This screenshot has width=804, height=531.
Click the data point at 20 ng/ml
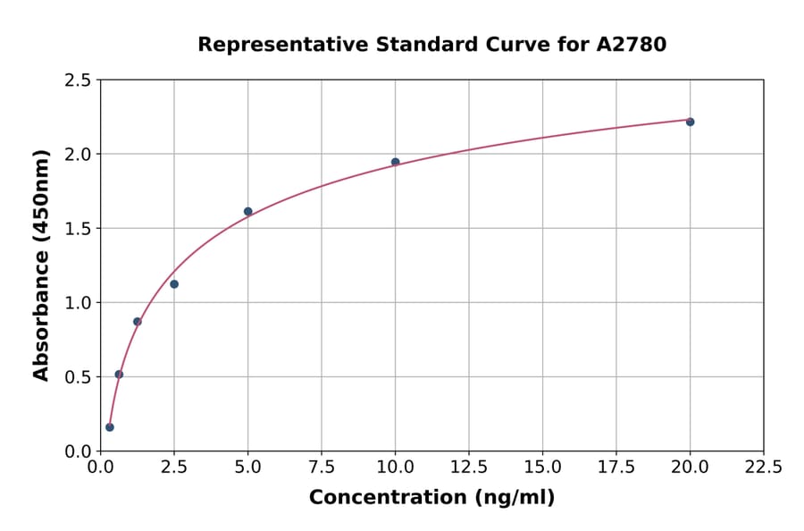[690, 122]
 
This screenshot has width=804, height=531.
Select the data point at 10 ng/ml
[395, 162]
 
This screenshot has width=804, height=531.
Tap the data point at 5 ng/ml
[247, 212]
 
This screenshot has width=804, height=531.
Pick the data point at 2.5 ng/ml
[174, 284]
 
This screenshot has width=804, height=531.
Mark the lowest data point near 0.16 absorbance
[110, 427]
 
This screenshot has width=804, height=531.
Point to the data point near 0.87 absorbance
[138, 322]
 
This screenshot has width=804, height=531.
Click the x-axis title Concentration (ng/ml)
[431, 498]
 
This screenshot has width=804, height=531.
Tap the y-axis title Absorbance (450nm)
[41, 265]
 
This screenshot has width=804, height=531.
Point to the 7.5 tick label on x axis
[322, 467]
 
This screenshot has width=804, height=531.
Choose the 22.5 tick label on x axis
[763, 467]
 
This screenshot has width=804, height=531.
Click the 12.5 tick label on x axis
[469, 467]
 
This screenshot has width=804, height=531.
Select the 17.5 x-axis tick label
[616, 467]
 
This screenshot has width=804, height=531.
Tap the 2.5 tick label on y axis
[78, 80]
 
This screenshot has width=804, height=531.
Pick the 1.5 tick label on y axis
[78, 229]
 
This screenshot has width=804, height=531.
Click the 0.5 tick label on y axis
[78, 377]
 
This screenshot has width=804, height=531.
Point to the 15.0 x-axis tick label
[542, 467]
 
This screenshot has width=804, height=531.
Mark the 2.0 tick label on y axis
[78, 155]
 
